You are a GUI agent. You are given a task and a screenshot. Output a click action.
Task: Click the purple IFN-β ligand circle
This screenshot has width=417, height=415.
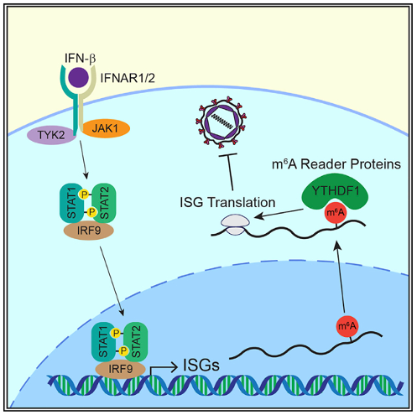point(79,77)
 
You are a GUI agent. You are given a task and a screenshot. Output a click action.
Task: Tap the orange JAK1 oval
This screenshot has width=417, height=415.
point(105,128)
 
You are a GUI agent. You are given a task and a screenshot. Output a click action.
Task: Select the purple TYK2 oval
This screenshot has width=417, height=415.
point(51,135)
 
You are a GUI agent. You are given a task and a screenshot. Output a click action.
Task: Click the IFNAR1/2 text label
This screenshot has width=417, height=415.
point(128,78)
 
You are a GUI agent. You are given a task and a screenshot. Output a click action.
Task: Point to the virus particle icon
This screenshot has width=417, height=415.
point(222,122)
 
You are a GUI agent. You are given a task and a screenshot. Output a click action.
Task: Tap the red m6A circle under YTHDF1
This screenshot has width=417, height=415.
point(336,213)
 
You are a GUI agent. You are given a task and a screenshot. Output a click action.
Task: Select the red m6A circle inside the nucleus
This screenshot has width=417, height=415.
point(347,326)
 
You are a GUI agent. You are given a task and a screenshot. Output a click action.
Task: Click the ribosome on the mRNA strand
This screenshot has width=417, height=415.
point(235,225)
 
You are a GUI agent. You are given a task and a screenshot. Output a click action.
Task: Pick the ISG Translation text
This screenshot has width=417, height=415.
point(227,202)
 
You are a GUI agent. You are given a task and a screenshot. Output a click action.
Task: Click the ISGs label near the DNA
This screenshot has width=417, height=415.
point(201,365)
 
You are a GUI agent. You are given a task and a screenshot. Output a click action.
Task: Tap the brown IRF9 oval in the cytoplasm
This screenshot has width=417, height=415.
point(89,231)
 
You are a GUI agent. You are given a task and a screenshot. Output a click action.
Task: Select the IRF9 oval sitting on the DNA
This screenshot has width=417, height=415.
point(120,369)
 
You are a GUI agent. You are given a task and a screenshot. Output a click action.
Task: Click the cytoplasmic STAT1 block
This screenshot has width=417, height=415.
point(71,203)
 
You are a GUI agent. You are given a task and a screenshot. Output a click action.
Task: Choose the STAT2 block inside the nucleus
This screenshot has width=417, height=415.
point(136,342)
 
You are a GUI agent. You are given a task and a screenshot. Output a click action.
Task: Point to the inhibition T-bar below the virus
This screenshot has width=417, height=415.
point(229,172)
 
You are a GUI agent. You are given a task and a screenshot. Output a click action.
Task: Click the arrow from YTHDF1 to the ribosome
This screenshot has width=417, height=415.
point(279,213)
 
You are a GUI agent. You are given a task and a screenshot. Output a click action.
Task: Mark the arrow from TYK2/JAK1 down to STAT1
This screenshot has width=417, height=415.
point(84,160)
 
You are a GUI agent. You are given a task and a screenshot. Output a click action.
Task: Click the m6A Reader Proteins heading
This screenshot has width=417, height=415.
point(336,164)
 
